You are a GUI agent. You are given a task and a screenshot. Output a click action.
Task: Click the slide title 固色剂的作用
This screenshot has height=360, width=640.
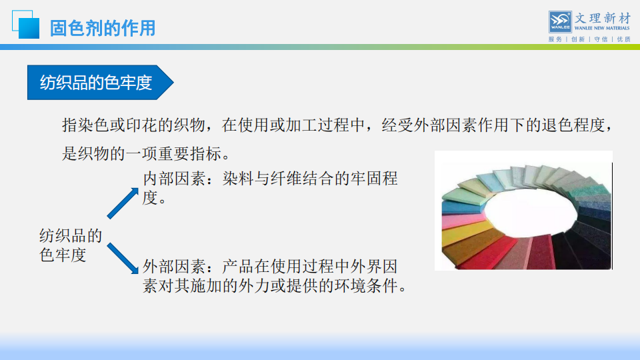pyautogui.click(x=103, y=28)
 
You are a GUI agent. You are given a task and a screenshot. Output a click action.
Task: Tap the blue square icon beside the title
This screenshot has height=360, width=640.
pyautogui.click(x=26, y=25)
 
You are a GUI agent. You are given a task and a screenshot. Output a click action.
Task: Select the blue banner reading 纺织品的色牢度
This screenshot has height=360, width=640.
pyautogui.click(x=101, y=83)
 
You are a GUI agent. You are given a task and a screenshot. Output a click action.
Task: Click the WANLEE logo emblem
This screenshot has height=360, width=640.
pyautogui.click(x=560, y=22)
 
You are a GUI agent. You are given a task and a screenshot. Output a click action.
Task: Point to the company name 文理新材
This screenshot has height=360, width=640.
pyautogui.click(x=603, y=18)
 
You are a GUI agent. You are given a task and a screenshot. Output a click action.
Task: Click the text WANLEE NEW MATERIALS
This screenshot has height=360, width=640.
pyautogui.click(x=602, y=28)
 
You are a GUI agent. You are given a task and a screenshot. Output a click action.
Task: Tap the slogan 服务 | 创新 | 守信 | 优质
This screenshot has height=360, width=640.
pyautogui.click(x=589, y=39)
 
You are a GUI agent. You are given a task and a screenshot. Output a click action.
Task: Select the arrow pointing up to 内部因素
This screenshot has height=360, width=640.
pyautogui.click(x=123, y=203)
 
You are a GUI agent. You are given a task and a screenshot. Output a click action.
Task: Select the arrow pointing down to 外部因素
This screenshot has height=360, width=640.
pyautogui.click(x=123, y=259)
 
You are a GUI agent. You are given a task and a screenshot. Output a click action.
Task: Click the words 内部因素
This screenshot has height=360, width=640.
pyautogui.click(x=174, y=179)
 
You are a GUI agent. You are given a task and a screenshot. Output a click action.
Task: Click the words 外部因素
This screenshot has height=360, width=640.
pyautogui.click(x=174, y=267)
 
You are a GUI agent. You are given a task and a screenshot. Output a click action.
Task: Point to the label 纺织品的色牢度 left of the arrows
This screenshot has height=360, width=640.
pyautogui.click(x=70, y=245)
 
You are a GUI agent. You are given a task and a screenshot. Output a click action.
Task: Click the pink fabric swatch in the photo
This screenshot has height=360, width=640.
pyautogui.click(x=461, y=219)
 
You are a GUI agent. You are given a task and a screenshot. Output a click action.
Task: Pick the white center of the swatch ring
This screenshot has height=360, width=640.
pyautogui.click(x=530, y=211)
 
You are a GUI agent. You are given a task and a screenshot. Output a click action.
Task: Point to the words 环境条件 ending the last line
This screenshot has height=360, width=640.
pyautogui.click(x=366, y=286)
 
